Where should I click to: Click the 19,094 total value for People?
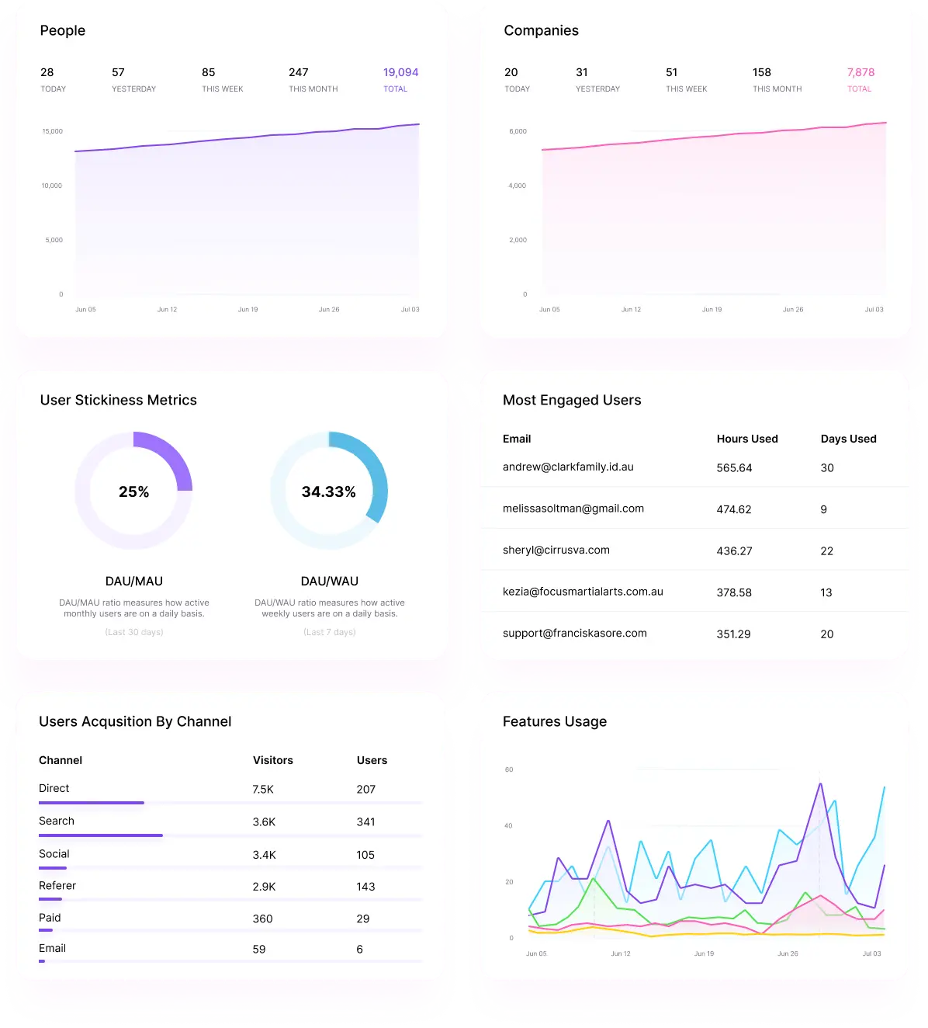[x=400, y=72]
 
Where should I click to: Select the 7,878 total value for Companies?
[x=860, y=72]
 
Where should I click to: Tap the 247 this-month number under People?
[x=299, y=72]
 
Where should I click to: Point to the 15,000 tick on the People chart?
[x=53, y=131]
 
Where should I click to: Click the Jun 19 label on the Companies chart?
[x=712, y=309]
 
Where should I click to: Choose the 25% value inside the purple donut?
[x=133, y=491]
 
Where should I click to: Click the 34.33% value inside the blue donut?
[x=328, y=491]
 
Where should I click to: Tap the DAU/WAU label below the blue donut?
[x=329, y=581]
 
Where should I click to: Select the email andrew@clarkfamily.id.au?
[x=568, y=467]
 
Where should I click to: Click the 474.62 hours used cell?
[x=734, y=509]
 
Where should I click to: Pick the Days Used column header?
[x=848, y=439]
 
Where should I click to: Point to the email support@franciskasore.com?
[x=574, y=633]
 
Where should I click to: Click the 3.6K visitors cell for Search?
[x=264, y=821]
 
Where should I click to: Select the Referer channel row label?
[x=57, y=885]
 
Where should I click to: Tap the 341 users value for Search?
[x=365, y=821]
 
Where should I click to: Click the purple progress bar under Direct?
[x=92, y=803]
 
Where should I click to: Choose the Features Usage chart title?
[x=554, y=721]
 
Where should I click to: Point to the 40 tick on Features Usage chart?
[x=508, y=825]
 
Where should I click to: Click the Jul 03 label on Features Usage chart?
[x=871, y=953]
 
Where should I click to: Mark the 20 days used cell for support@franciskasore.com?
[x=827, y=634]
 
